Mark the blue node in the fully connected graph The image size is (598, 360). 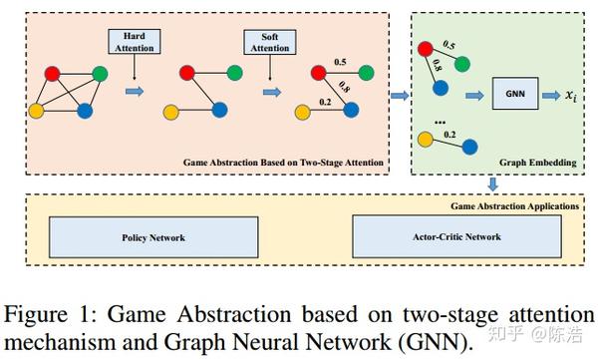click(86, 111)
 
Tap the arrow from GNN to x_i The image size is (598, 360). click(547, 97)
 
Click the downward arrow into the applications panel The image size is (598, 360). click(492, 183)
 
